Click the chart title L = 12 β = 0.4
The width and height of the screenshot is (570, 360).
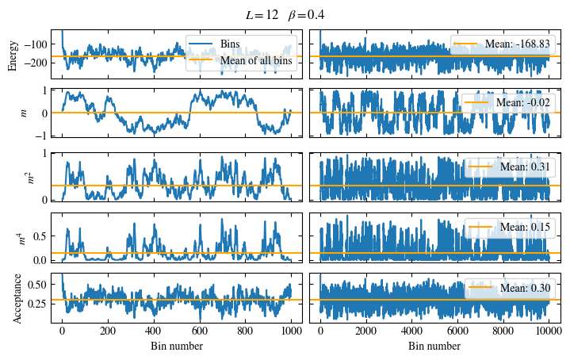click(285, 15)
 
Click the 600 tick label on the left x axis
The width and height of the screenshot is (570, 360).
click(199, 332)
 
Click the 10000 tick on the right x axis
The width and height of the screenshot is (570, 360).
click(548, 332)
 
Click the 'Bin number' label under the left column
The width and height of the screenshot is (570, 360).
click(176, 347)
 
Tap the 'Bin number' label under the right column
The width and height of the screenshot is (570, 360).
click(434, 347)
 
